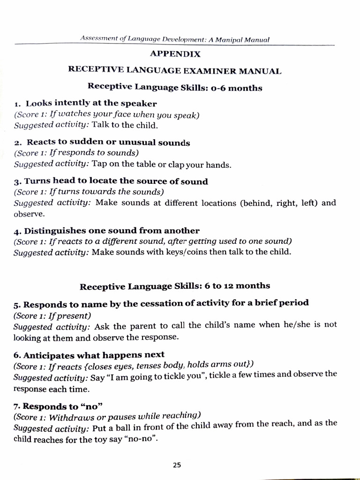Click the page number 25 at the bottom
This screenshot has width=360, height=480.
(177, 465)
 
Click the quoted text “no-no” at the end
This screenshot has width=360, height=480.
(143, 440)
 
